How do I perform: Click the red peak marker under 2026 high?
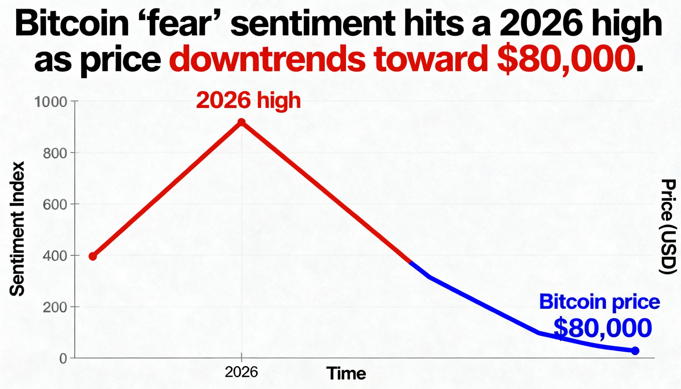[241, 122]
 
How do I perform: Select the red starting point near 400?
[93, 256]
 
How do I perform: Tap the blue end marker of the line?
[635, 351]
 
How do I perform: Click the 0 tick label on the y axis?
[63, 359]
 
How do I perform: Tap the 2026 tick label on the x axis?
[241, 372]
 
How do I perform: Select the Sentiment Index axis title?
[17, 229]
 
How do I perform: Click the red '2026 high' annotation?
[248, 100]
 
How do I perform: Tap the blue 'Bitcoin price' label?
[600, 302]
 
